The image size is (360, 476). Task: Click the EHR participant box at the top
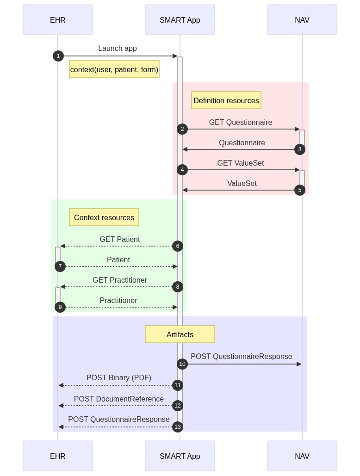58,20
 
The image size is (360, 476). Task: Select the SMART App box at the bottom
180,456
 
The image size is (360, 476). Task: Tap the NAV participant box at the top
302,20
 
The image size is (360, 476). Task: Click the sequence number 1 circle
58,56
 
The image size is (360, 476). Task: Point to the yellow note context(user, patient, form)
114,69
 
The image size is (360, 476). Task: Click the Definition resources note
226,100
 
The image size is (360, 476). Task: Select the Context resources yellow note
104,217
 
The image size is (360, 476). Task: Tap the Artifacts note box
180,334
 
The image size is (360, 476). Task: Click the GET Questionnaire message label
241,123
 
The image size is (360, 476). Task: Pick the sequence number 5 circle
300,190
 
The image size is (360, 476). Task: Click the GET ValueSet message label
241,163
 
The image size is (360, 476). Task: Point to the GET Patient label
120,240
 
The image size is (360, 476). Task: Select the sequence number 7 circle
60,266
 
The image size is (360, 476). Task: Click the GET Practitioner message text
120,280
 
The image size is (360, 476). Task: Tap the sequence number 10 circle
182,364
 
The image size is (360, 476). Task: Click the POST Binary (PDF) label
119,378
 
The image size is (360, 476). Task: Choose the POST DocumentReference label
119,399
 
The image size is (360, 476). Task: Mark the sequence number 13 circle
178,427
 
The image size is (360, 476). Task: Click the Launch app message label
118,49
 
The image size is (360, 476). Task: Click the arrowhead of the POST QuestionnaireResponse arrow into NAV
299,364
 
